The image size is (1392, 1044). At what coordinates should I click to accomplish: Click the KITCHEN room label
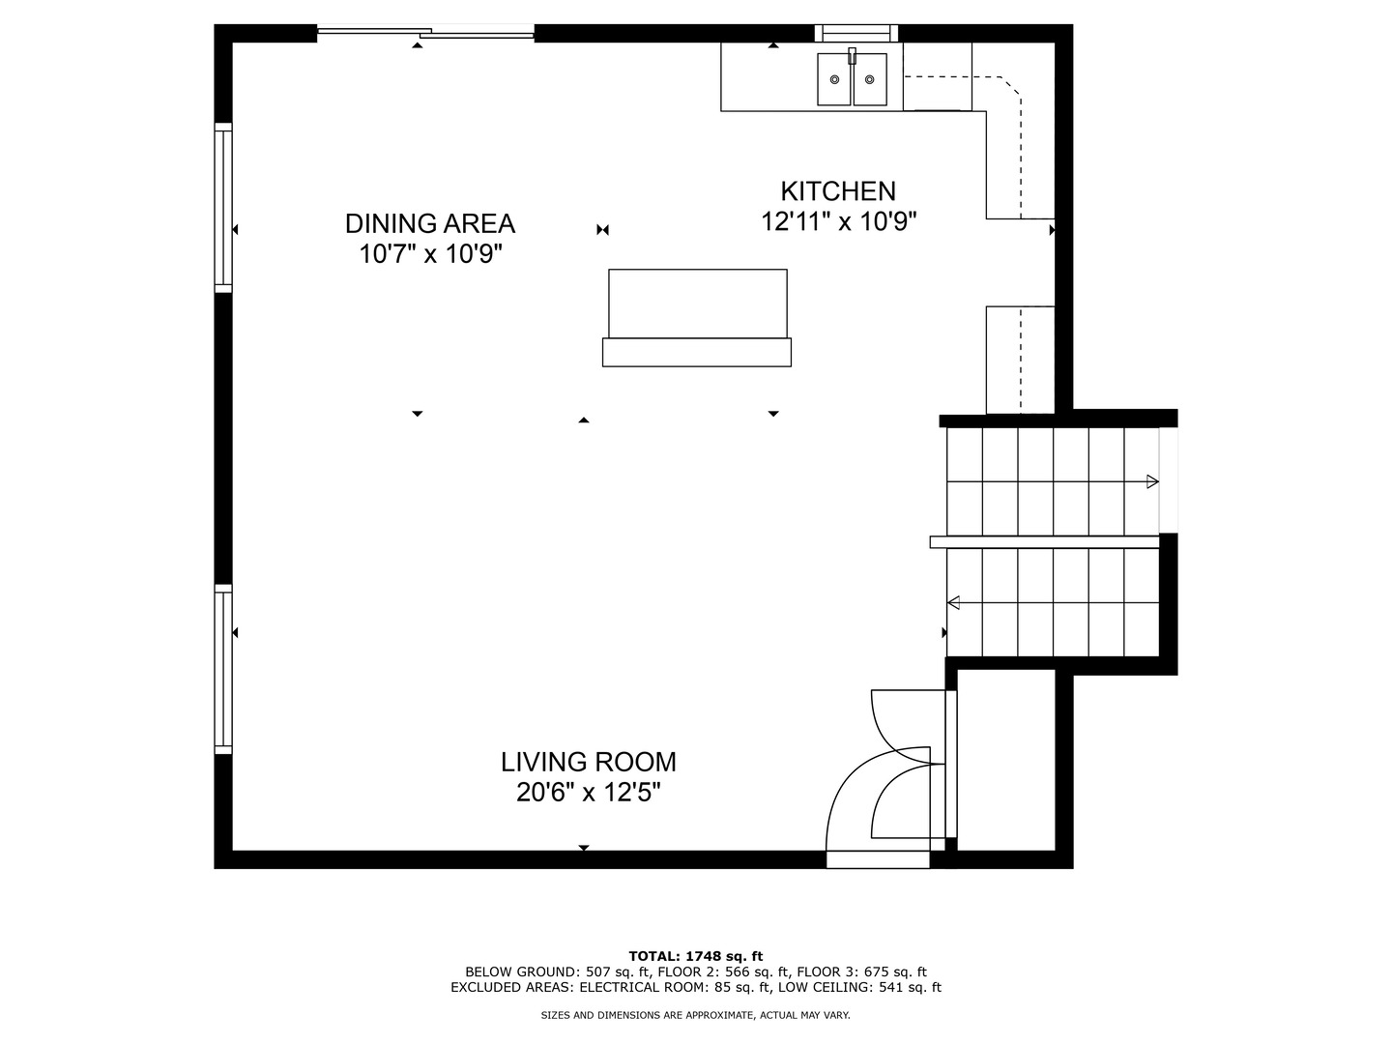tap(838, 190)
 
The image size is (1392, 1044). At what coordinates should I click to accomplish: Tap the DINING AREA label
tap(429, 223)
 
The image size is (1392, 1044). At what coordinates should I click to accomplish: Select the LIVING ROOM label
tap(588, 762)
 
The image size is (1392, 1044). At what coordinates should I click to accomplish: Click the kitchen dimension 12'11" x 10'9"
tap(838, 221)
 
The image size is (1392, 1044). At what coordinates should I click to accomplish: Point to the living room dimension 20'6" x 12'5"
tap(588, 793)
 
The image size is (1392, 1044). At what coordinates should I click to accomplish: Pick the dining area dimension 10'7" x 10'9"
tap(429, 254)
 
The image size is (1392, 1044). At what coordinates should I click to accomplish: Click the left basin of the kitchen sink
tap(834, 79)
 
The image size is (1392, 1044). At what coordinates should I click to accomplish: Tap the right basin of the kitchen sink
tap(869, 79)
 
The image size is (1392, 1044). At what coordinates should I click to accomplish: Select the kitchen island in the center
tap(697, 317)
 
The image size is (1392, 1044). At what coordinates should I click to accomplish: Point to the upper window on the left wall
tap(223, 208)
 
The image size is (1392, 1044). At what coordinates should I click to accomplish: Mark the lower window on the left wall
tap(223, 669)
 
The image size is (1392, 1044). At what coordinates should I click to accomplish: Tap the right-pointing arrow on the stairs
tap(1151, 481)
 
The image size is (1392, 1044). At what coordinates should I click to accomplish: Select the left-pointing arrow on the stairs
tap(953, 603)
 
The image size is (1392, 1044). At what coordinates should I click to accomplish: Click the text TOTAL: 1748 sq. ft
tap(696, 956)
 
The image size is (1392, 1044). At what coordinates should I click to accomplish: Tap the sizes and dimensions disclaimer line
tap(696, 1015)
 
